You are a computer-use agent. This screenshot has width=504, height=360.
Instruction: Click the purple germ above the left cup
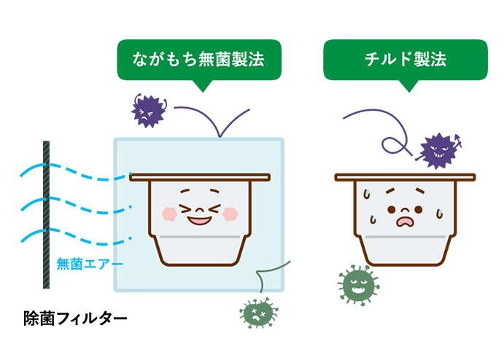point(148,111)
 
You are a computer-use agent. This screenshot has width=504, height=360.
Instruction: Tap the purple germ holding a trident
point(437,151)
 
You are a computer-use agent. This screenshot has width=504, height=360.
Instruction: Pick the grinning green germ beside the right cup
point(357,285)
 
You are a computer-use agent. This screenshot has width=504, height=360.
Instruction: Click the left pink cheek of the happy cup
point(168,214)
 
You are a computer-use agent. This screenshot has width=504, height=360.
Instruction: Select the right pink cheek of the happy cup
point(229,214)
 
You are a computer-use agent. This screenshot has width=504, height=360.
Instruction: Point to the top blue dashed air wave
point(73,172)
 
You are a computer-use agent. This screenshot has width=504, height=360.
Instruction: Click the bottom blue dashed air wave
point(73,234)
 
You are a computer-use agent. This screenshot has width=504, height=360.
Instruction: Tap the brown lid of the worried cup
point(405,177)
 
